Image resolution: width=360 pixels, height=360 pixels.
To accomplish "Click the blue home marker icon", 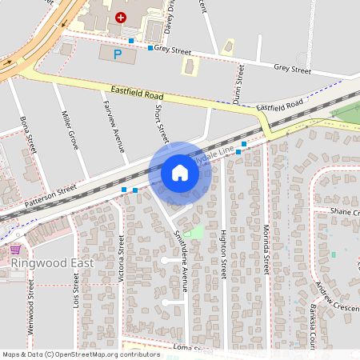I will pos(180,173).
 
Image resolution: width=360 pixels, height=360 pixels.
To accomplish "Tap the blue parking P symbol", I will pos(118,54).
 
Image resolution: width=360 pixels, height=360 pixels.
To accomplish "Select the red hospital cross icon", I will pos(121,16).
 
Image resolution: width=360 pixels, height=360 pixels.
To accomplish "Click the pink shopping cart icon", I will pos(14,250).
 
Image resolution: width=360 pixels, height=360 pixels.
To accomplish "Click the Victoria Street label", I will pos(122,256).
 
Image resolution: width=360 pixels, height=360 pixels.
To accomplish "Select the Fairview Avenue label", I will pos(113,126).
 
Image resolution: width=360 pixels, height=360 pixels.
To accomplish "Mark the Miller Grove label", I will pos(70,131).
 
